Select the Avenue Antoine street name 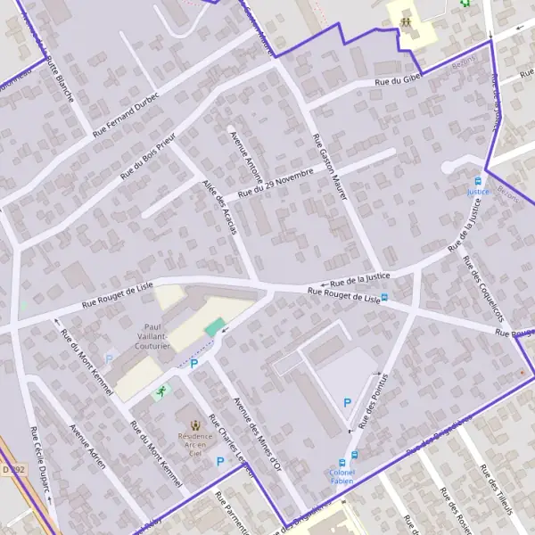246,156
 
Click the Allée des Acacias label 219,206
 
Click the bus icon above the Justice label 479,181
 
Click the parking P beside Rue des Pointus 348,403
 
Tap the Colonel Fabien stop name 342,477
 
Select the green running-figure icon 161,391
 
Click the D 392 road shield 11,468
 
